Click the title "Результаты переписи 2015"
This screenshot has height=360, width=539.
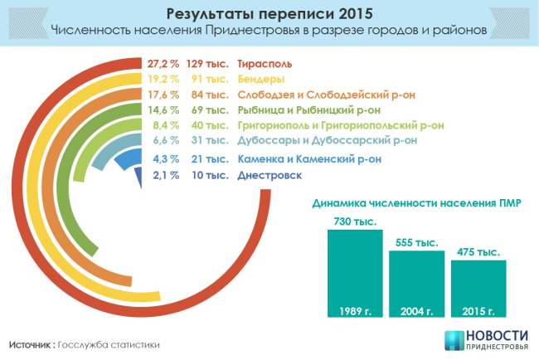pos(269,14)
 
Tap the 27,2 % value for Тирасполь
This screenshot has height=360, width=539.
pos(164,64)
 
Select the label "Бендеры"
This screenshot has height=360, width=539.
pos(261,80)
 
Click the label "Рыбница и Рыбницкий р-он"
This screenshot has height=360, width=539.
pos(309,109)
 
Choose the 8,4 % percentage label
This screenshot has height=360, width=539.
pos(167,125)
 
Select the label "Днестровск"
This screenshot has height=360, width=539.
pos(269,175)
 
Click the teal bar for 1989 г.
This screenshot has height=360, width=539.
pos(354,275)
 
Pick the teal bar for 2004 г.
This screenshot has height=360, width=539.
pos(416,285)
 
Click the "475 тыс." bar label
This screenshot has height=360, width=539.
pos(478,251)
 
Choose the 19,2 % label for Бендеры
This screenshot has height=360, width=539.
pos(164,80)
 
